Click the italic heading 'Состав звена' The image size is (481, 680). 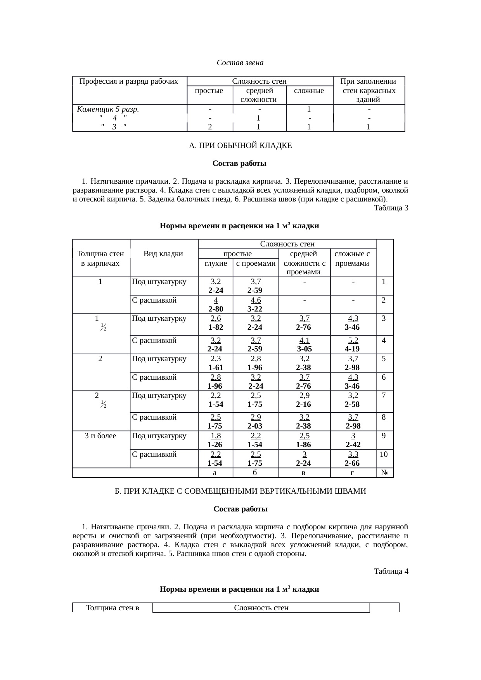(x=240, y=62)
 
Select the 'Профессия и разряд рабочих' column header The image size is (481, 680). (x=129, y=81)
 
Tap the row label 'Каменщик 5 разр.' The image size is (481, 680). (x=108, y=109)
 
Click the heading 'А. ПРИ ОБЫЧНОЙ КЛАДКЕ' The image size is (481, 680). (x=240, y=146)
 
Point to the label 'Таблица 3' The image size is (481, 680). (x=391, y=208)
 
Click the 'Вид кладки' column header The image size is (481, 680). (x=163, y=254)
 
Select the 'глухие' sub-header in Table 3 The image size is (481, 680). (x=215, y=263)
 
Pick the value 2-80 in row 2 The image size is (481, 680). (x=215, y=309)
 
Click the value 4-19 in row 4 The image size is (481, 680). (x=352, y=348)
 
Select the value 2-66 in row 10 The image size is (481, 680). (x=352, y=463)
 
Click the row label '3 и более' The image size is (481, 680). (x=100, y=436)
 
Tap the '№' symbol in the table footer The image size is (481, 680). (x=385, y=473)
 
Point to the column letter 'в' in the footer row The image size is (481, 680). (x=304, y=473)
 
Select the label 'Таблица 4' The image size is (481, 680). (x=391, y=571)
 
